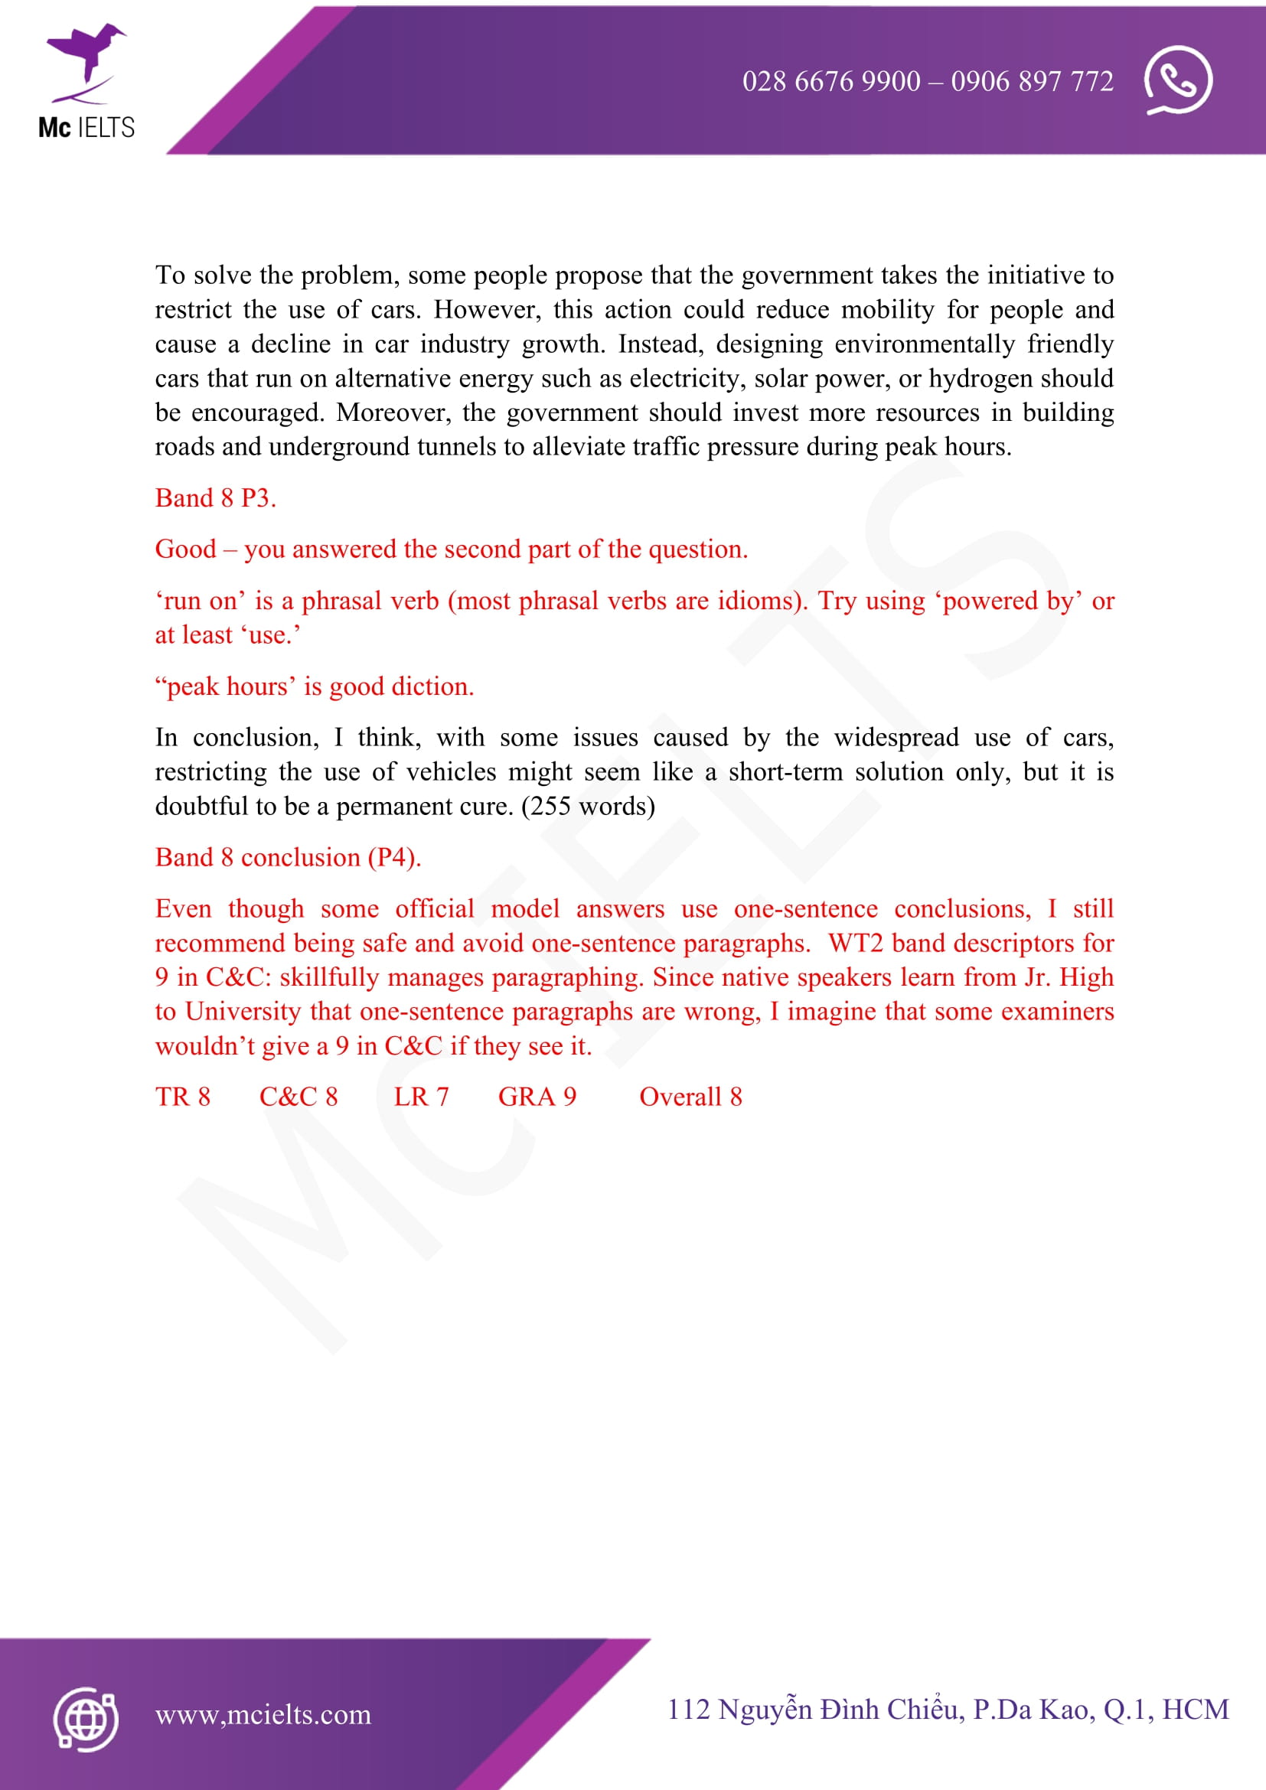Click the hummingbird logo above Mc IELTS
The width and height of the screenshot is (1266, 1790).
pyautogui.click(x=86, y=62)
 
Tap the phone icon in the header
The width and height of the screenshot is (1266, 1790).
pyautogui.click(x=1177, y=80)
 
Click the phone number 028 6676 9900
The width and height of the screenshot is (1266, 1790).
pyautogui.click(x=831, y=81)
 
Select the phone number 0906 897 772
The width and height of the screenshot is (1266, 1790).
pyautogui.click(x=1032, y=81)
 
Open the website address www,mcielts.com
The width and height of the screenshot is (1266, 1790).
pyautogui.click(x=263, y=1714)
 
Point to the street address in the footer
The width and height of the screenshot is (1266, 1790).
pyautogui.click(x=947, y=1709)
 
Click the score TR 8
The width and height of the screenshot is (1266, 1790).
pyautogui.click(x=182, y=1097)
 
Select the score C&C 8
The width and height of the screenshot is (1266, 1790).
pyautogui.click(x=299, y=1097)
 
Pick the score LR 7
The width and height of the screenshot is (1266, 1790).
pyautogui.click(x=421, y=1097)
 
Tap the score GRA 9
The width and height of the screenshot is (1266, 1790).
pyautogui.click(x=537, y=1097)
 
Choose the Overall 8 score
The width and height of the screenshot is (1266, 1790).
pyautogui.click(x=690, y=1097)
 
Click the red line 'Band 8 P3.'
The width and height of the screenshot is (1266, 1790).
pyautogui.click(x=215, y=498)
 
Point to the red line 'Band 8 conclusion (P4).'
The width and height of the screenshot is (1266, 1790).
pyautogui.click(x=288, y=858)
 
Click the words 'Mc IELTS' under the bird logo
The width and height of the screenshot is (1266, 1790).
pyautogui.click(x=86, y=127)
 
